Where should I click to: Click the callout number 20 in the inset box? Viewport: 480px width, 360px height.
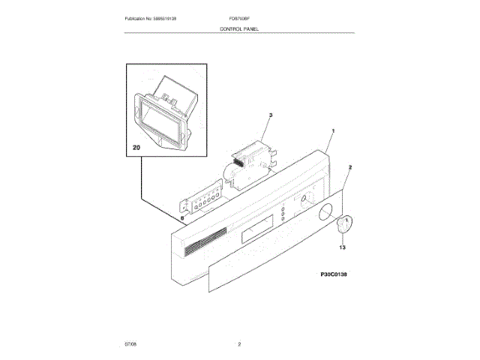pos(136,148)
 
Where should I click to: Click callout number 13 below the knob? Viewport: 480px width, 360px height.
pos(342,246)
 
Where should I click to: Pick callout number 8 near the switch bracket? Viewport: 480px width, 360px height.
pos(181,218)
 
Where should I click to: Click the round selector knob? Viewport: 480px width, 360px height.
pos(344,224)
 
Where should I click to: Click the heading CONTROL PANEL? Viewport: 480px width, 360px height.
pos(239,28)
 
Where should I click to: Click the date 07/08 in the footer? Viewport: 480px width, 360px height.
pos(130,344)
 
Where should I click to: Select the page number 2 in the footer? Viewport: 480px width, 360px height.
pos(239,344)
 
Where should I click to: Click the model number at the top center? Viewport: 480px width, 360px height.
pos(240,17)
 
